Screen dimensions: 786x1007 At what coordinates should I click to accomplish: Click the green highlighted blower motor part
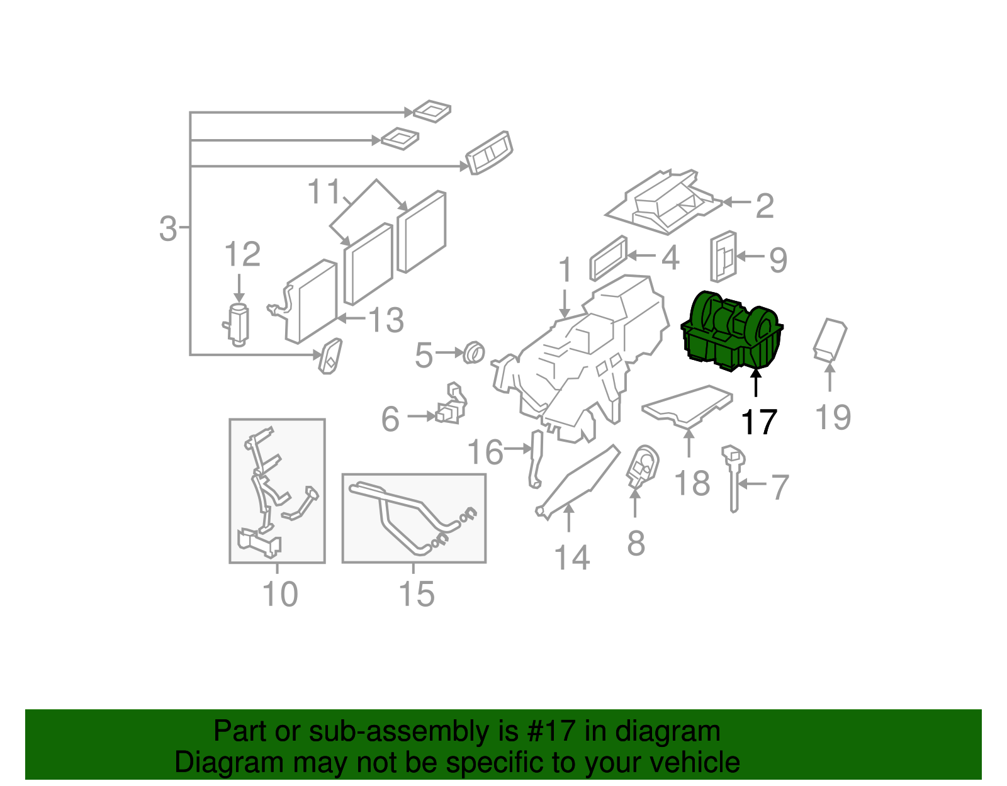[x=732, y=332]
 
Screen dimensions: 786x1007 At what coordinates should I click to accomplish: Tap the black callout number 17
[x=759, y=422]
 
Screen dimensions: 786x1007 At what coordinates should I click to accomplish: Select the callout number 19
[x=833, y=418]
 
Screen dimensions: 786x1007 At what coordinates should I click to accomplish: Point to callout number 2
[x=764, y=206]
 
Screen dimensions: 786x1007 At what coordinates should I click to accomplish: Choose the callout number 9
[x=779, y=259]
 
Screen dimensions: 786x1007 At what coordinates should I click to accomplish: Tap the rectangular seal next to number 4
[x=609, y=257]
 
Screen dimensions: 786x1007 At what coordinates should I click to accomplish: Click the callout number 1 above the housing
[x=565, y=270]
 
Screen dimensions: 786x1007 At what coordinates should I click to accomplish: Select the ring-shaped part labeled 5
[x=474, y=352]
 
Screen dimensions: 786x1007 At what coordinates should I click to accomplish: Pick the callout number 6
[x=390, y=419]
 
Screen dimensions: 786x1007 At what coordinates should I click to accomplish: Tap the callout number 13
[x=385, y=320]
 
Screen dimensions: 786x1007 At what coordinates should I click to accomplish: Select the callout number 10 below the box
[x=279, y=594]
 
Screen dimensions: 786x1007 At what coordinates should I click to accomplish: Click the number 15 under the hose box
[x=417, y=594]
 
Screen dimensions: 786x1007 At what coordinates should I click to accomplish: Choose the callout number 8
[x=636, y=542]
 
